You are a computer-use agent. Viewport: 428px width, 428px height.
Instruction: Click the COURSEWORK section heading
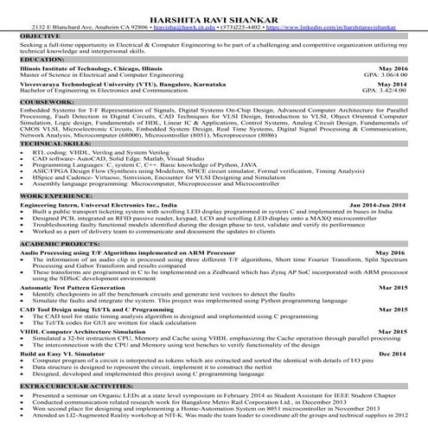tap(43, 102)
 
